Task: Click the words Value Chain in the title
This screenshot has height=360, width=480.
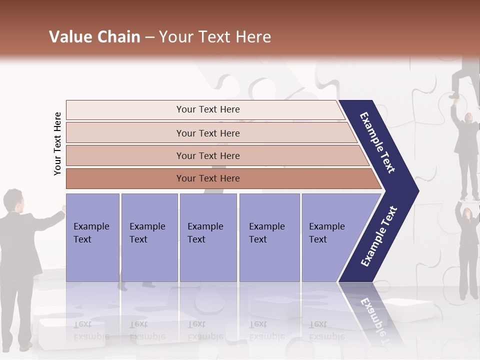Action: (x=94, y=37)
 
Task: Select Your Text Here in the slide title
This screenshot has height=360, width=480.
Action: (x=215, y=37)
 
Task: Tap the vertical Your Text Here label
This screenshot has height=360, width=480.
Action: (x=57, y=143)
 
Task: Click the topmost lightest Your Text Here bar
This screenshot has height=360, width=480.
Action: (x=207, y=109)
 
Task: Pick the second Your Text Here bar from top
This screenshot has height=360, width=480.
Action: (x=207, y=133)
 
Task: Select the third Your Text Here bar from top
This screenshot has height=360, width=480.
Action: (x=207, y=155)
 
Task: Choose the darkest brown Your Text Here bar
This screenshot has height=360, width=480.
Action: (x=207, y=178)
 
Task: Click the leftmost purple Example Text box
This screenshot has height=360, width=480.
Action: (x=92, y=237)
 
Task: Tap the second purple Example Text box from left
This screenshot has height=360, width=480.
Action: (x=149, y=237)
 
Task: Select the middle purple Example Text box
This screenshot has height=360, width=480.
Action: (x=208, y=237)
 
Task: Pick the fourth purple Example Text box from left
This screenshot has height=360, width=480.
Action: (x=269, y=237)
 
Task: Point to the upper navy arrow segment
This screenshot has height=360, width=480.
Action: (x=378, y=142)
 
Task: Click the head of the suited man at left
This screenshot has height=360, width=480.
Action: (x=13, y=200)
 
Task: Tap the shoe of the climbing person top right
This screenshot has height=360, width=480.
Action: (x=454, y=95)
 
